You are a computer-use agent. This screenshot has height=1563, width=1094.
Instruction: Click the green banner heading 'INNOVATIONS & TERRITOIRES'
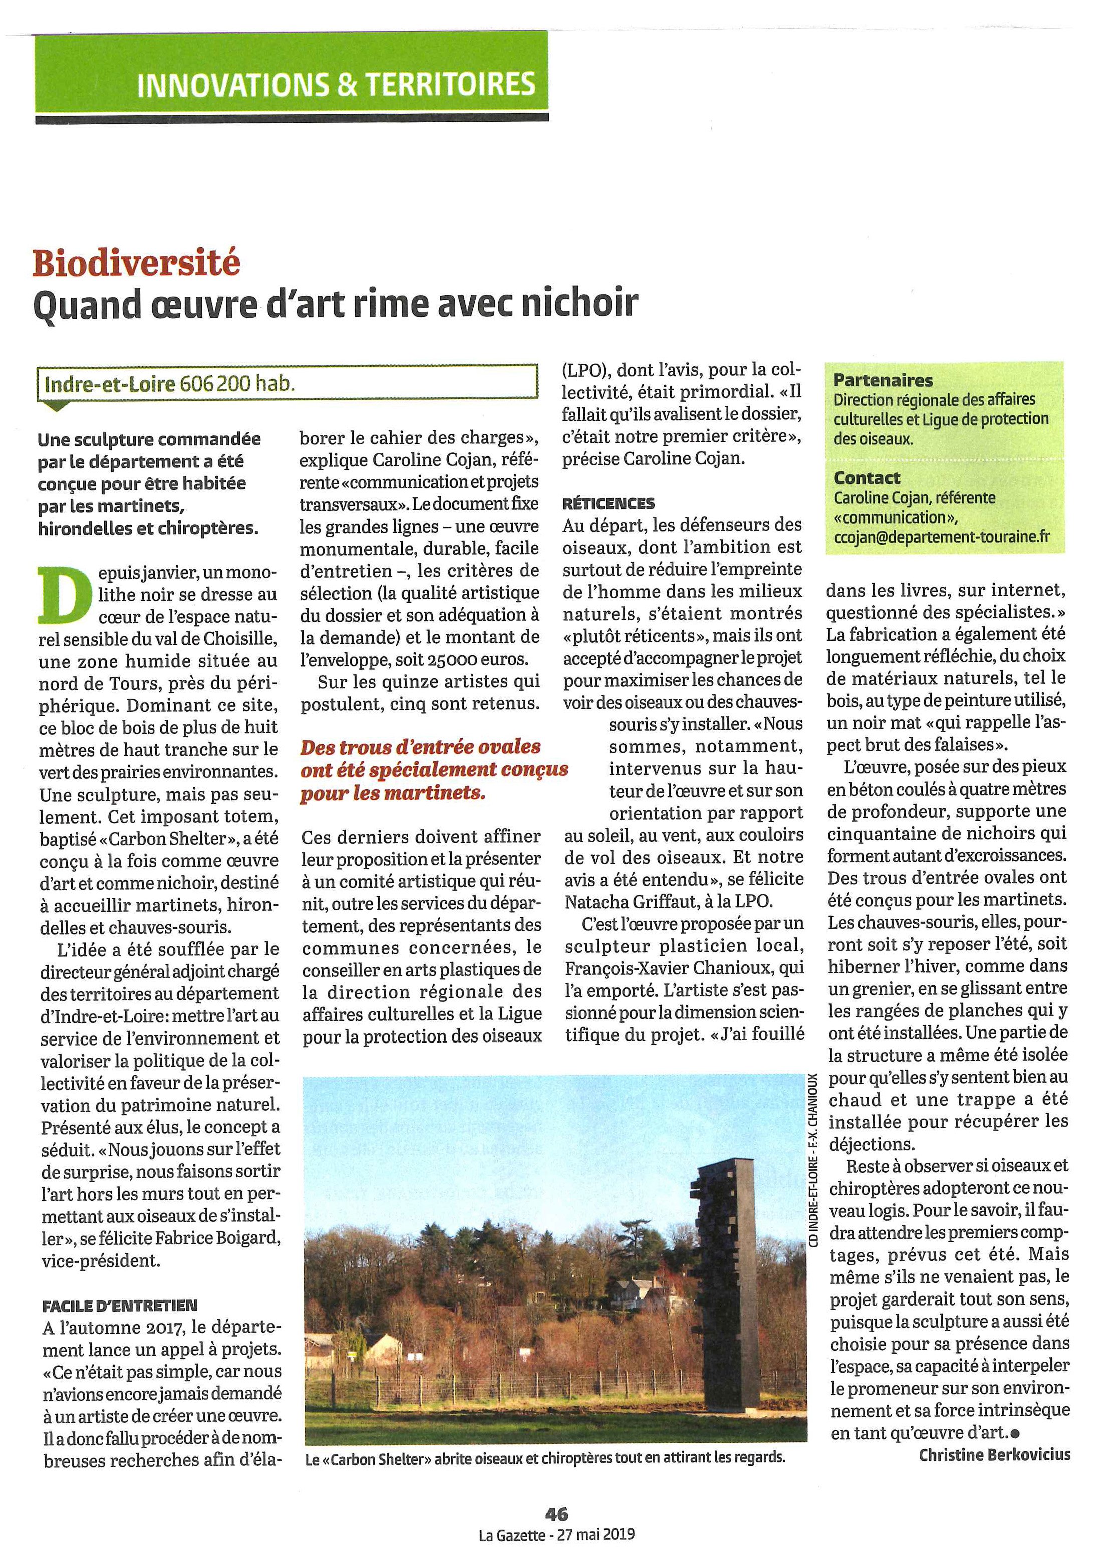(336, 85)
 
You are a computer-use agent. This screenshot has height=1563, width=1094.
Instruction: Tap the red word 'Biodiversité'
(136, 263)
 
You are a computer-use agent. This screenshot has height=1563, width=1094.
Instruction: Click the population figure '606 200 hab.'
(237, 384)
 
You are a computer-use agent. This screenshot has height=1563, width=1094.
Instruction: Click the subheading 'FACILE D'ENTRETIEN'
(119, 1305)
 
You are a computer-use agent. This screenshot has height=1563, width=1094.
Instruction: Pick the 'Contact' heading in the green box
(866, 477)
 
